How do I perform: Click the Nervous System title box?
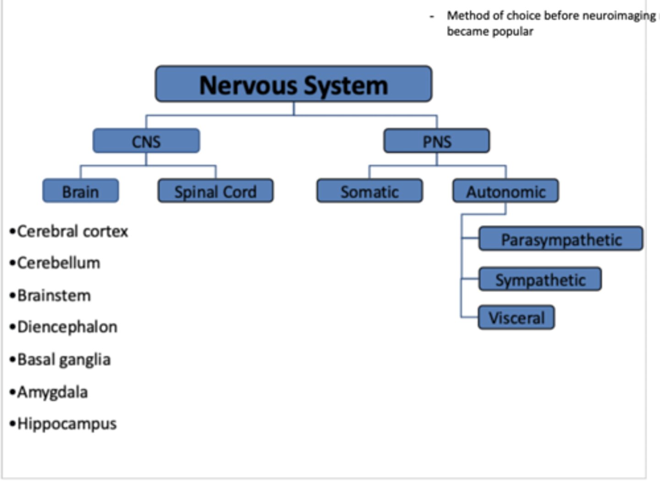pyautogui.click(x=293, y=84)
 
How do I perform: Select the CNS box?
pyautogui.click(x=146, y=141)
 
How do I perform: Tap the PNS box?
pyautogui.click(x=436, y=141)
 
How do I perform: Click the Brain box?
pyautogui.click(x=81, y=191)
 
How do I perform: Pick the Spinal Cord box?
pyautogui.click(x=215, y=191)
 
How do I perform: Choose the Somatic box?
pyautogui.click(x=369, y=191)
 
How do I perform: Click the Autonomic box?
pyautogui.click(x=506, y=191)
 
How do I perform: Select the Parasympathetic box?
pyautogui.click(x=561, y=239)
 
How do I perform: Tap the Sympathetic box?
pyautogui.click(x=540, y=279)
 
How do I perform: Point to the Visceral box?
pyautogui.click(x=516, y=317)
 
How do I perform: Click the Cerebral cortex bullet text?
pyautogui.click(x=72, y=231)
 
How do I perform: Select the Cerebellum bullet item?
pyautogui.click(x=58, y=263)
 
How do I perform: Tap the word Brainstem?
pyautogui.click(x=54, y=296)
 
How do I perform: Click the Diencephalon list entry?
pyautogui.click(x=67, y=327)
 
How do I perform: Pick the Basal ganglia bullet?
pyautogui.click(x=64, y=360)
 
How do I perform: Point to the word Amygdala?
pyautogui.click(x=52, y=392)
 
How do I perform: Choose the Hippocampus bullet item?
pyautogui.click(x=67, y=424)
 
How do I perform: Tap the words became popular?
pyautogui.click(x=490, y=32)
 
